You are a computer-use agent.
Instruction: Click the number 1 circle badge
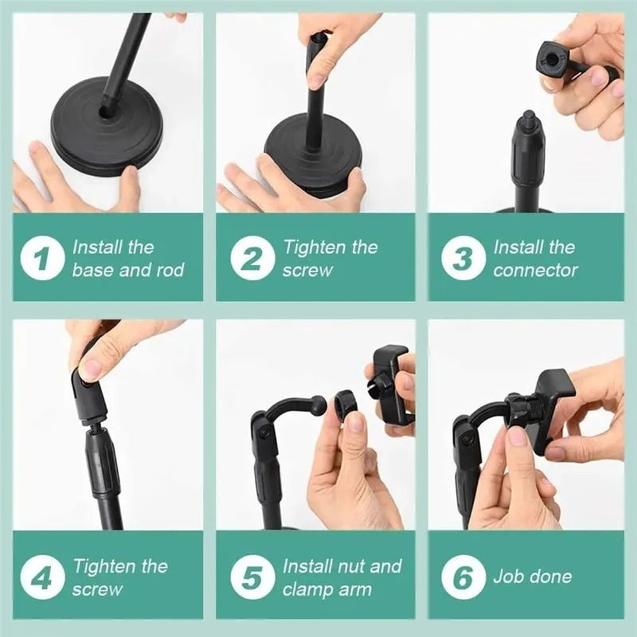pyautogui.click(x=43, y=259)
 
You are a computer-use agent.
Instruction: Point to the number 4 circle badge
pyautogui.click(x=43, y=578)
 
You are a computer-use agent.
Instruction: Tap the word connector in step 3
pyautogui.click(x=535, y=270)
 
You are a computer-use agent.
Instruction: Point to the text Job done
pyautogui.click(x=532, y=577)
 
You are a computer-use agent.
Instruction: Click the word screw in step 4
pyautogui.click(x=97, y=589)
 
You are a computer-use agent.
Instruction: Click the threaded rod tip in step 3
pyautogui.click(x=528, y=118)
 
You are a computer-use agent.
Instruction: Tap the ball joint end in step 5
pyautogui.click(x=318, y=403)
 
